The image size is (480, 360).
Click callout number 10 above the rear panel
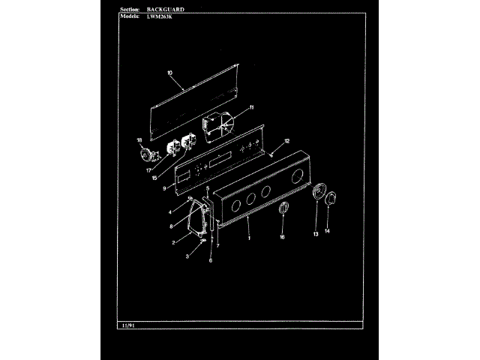169,73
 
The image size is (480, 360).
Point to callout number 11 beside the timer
252,106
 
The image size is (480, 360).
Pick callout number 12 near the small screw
286,141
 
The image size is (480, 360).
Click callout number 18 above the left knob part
139,140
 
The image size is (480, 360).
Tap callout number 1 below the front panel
248,238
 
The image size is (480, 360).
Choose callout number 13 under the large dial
315,235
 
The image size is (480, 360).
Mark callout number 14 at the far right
327,231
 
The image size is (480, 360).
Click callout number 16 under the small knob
282,237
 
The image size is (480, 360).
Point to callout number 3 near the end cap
187,255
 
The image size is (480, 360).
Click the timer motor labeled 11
214,123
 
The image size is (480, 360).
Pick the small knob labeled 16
283,209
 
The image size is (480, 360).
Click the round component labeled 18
147,155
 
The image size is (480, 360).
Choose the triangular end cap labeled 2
197,217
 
